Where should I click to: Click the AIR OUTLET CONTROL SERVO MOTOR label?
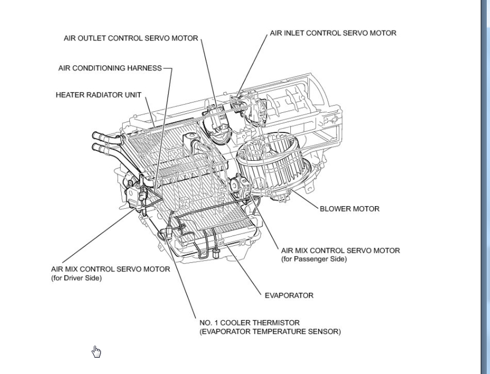pos(131,39)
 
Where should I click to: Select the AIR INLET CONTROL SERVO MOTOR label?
pos(333,33)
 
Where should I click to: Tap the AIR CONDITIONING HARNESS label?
pos(110,68)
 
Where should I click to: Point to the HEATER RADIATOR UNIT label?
pos(98,95)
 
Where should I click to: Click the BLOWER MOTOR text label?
pos(349,209)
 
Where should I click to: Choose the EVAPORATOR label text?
pos(289,295)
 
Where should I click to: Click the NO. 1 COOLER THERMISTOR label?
pos(249,323)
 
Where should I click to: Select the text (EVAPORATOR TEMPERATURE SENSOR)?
pos(270,331)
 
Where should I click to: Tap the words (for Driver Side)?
pos(76,278)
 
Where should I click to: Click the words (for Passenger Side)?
pos(314,259)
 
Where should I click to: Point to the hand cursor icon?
pos(96,352)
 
